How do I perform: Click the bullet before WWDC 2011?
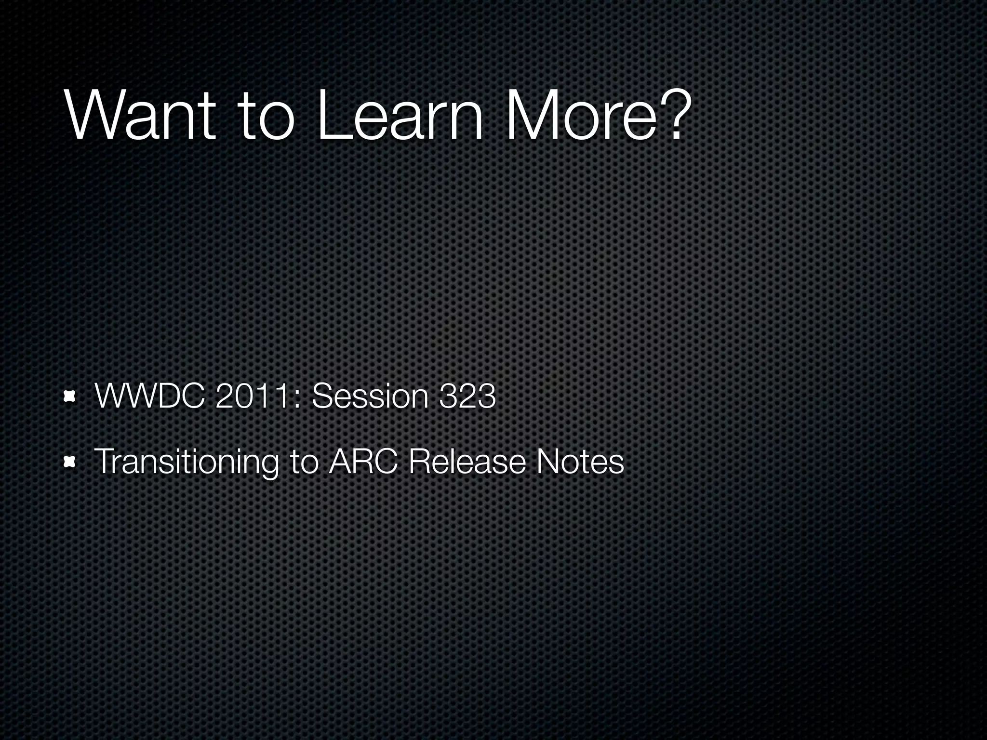point(70,396)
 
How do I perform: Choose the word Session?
point(370,396)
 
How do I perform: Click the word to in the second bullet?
point(305,462)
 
